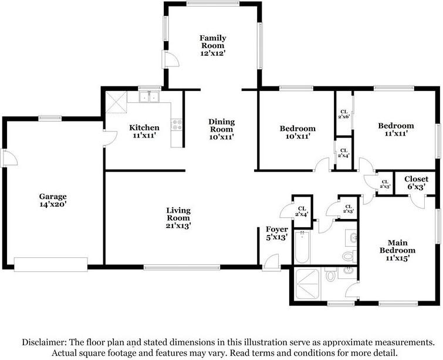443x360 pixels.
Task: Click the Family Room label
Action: click(x=213, y=46)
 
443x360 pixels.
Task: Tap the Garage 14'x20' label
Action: click(x=53, y=200)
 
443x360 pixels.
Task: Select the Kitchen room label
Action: click(x=144, y=131)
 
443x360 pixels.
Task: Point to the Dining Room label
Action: click(x=222, y=129)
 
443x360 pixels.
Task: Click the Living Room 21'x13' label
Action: click(x=178, y=218)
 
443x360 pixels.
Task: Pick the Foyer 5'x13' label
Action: click(x=277, y=233)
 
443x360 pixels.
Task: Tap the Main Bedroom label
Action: click(x=397, y=250)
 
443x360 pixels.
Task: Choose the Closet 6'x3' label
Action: click(x=416, y=183)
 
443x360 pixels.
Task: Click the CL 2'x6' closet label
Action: click(x=344, y=114)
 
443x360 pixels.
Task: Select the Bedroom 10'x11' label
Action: click(x=297, y=132)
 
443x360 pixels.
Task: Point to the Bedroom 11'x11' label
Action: click(x=396, y=129)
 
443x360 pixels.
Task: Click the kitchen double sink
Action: click(x=149, y=97)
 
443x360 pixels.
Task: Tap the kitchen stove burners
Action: click(x=177, y=125)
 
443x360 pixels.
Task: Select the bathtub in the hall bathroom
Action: click(x=302, y=247)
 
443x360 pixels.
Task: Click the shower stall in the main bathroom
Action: click(x=307, y=284)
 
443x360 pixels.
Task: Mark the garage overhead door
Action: click(x=51, y=264)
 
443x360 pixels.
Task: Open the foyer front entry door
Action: click(x=271, y=263)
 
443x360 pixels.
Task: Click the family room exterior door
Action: click(x=170, y=59)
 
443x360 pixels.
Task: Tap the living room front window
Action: click(x=182, y=267)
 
